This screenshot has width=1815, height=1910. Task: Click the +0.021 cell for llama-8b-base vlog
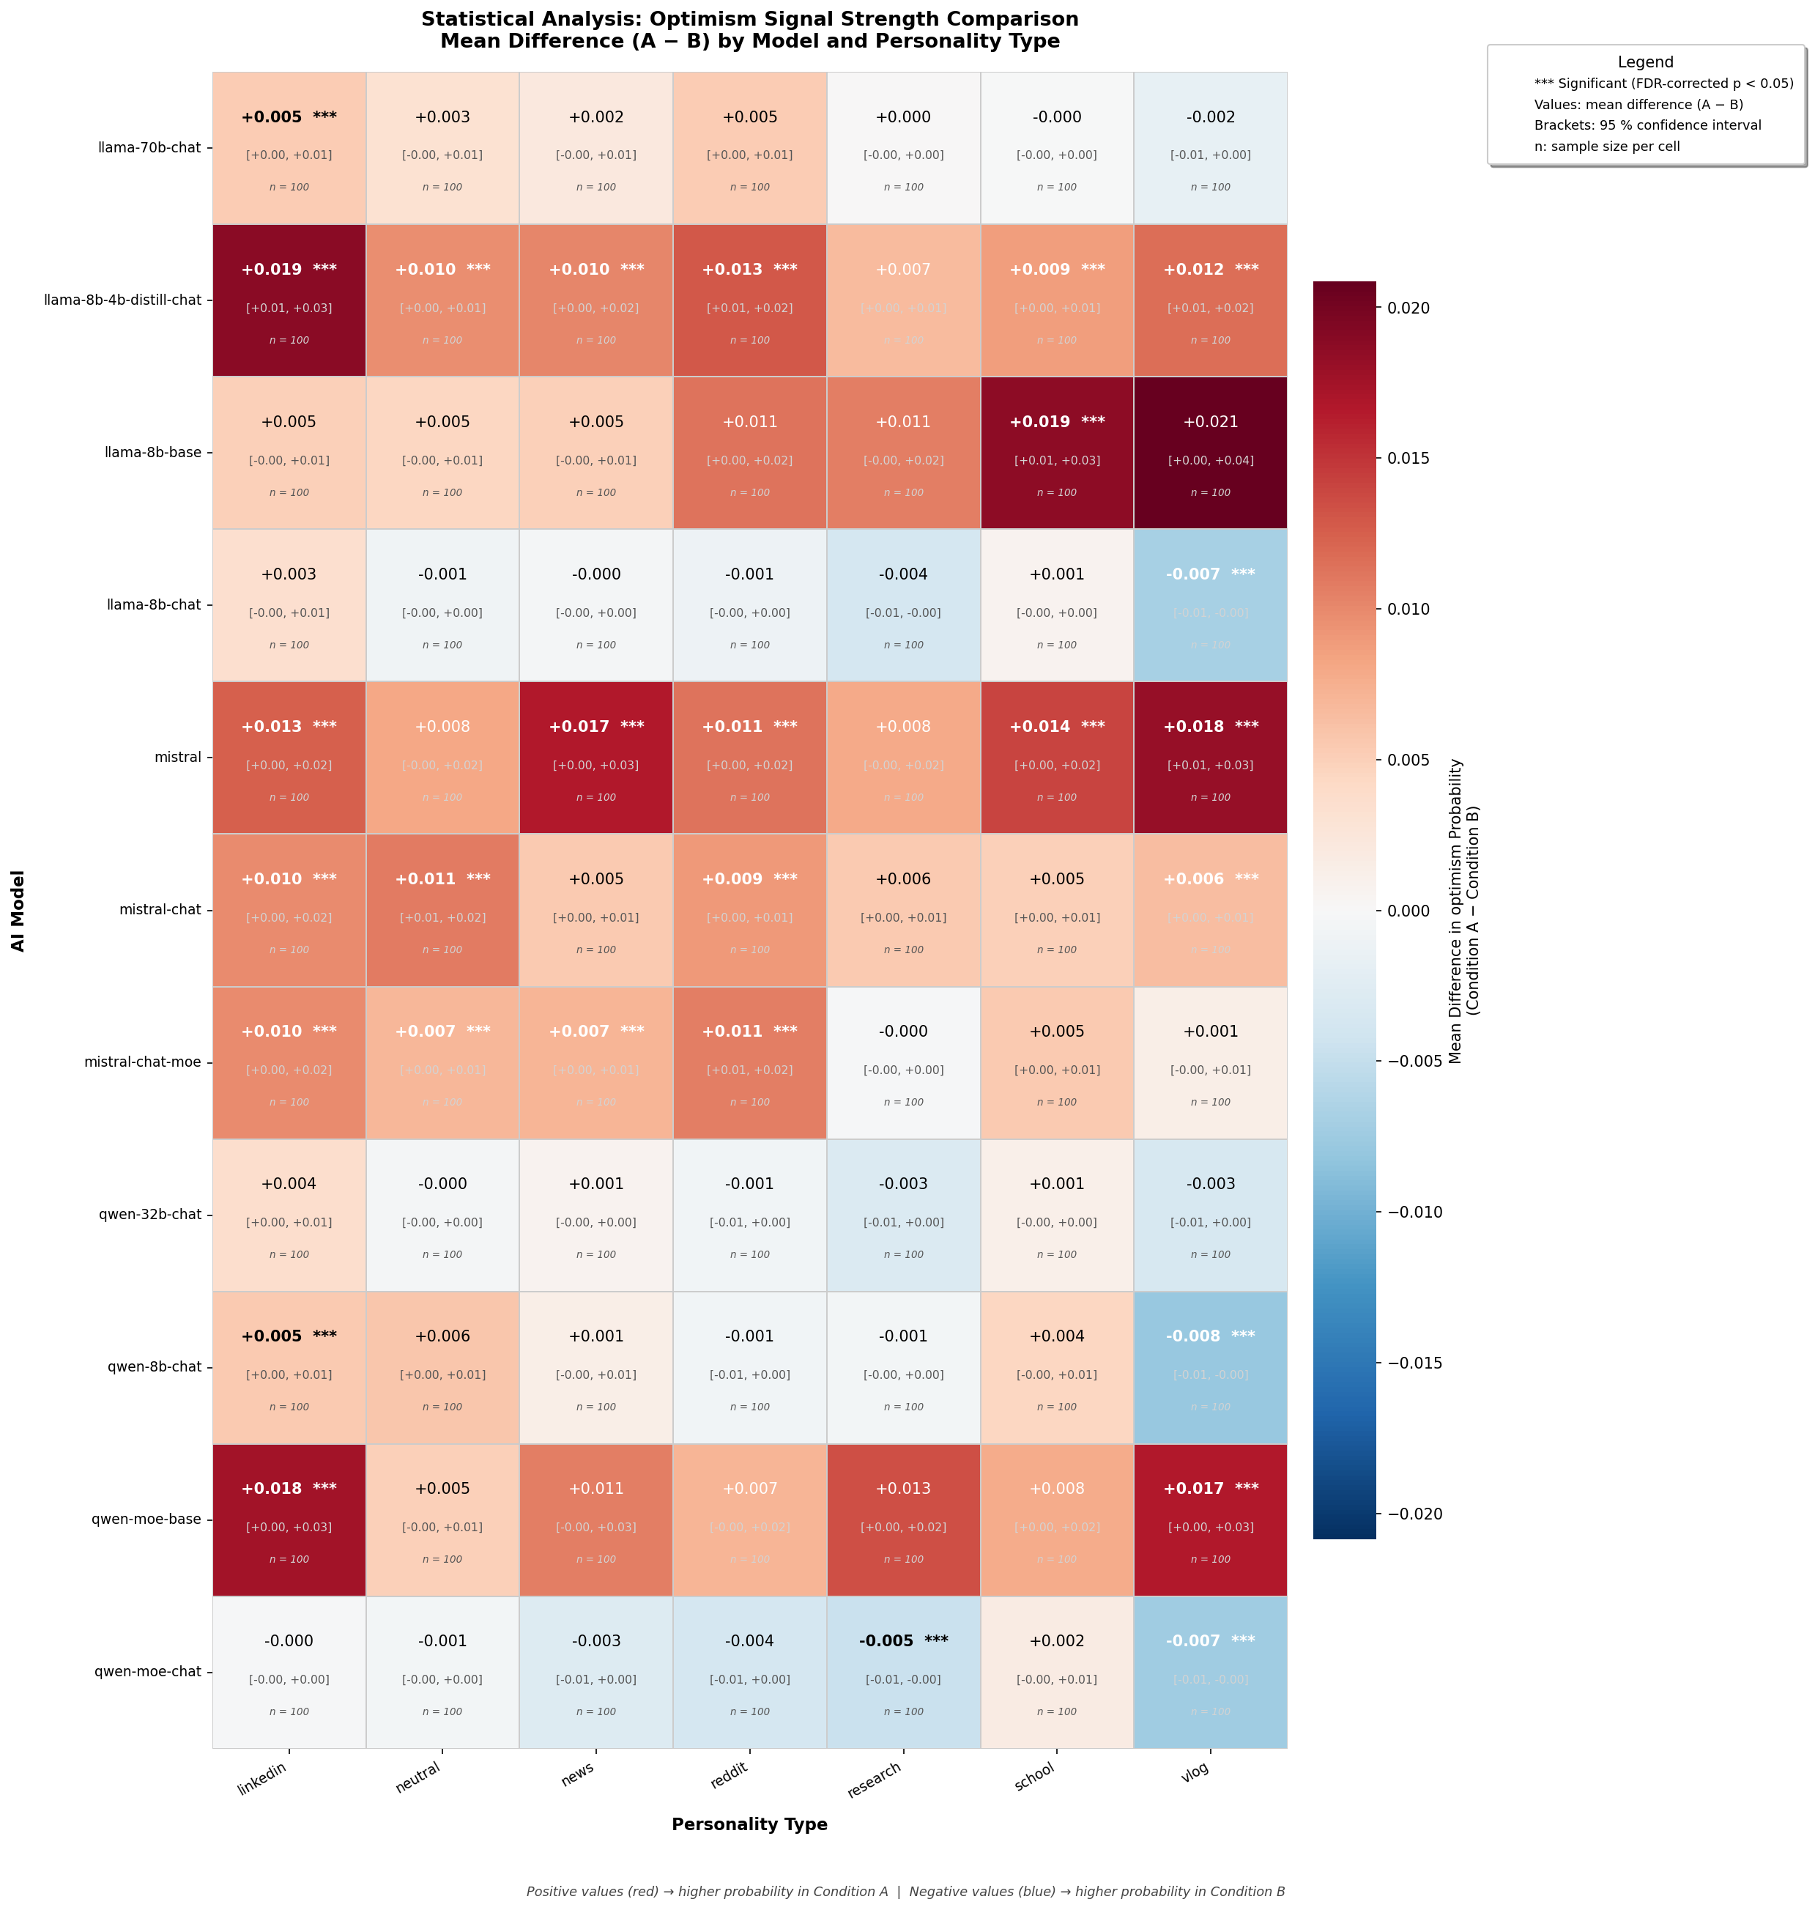[x=1210, y=452]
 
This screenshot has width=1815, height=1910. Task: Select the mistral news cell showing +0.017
[x=596, y=757]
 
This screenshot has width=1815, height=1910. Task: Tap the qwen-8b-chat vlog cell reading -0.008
[x=1210, y=1366]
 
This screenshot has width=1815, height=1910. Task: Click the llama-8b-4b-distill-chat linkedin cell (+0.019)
[x=289, y=300]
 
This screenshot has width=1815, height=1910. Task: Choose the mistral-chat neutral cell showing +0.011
[x=442, y=909]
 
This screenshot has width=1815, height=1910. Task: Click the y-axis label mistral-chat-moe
[x=142, y=1062]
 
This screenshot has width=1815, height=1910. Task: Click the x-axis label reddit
[x=735, y=1774]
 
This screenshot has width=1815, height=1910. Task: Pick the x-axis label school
[x=1035, y=1775]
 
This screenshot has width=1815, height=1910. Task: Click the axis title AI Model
[x=18, y=909]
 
